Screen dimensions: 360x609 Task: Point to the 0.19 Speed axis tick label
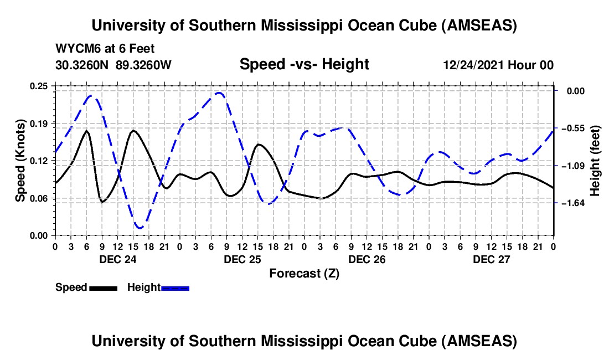pos(39,123)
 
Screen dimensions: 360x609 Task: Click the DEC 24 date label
pos(118,259)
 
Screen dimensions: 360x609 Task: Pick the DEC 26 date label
pos(367,259)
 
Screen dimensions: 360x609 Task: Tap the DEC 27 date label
pos(492,259)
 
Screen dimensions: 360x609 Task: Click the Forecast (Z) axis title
pos(304,273)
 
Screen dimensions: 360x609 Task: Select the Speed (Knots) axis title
pos(20,160)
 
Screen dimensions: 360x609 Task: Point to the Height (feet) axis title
pos(595,161)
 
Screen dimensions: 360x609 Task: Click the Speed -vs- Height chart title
pos(304,65)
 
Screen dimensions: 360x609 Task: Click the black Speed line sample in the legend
pos(103,287)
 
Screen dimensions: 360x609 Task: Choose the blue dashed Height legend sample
pos(175,287)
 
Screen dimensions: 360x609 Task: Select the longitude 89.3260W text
pos(144,65)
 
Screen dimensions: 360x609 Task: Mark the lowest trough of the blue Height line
pos(140,228)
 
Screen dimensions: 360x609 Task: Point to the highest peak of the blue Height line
pos(219,93)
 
